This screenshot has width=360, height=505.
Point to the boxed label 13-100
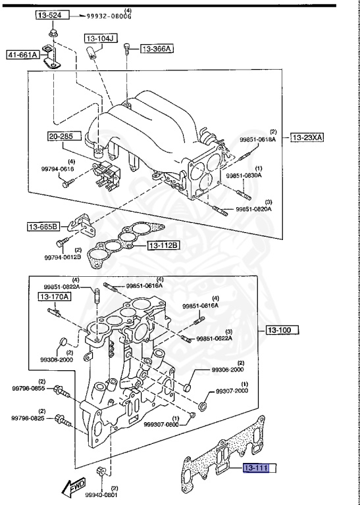(282, 329)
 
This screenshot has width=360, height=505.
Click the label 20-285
(66, 136)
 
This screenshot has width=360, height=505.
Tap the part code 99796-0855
(28, 389)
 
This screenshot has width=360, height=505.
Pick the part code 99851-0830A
(244, 176)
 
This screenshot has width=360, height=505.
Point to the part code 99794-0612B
(63, 257)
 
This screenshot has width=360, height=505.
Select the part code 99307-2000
(232, 391)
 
